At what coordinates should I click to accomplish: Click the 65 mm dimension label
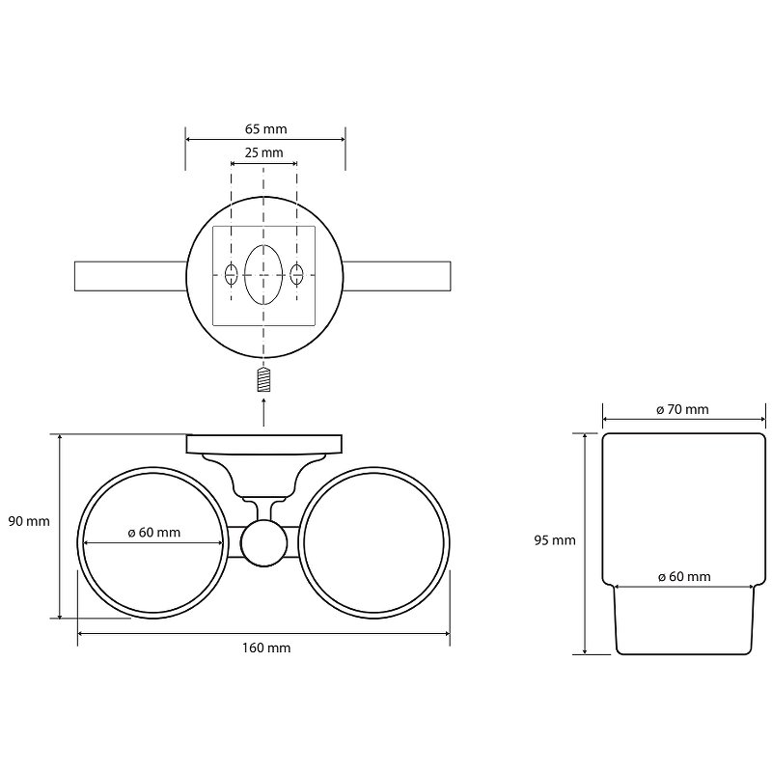coord(266,129)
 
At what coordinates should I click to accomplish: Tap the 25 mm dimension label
coord(264,152)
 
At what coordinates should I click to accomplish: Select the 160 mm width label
coord(266,648)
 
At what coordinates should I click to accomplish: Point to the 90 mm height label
coord(29,521)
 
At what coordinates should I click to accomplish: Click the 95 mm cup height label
coord(555,540)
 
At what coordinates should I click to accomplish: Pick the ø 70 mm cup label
coord(682,409)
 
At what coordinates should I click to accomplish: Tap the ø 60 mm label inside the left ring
coord(154,533)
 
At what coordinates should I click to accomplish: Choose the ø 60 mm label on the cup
coord(684,576)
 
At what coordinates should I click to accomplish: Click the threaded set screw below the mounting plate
coord(264,380)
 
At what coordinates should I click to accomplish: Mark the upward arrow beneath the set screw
coord(264,413)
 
